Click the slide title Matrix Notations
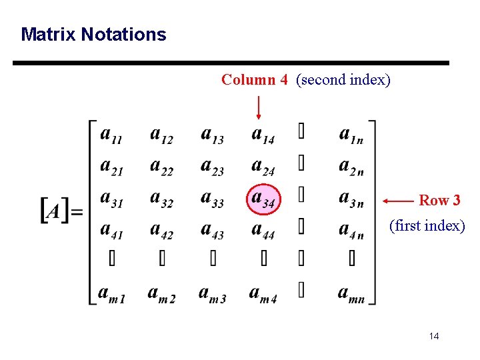click(93, 35)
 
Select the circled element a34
click(263, 199)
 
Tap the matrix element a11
click(111, 136)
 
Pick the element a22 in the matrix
click(161, 167)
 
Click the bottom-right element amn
click(351, 294)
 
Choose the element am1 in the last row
click(111, 294)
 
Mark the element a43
click(212, 231)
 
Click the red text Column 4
click(255, 80)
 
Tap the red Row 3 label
click(439, 200)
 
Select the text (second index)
click(343, 80)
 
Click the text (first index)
click(427, 226)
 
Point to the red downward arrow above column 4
click(259, 107)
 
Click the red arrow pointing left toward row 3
click(399, 200)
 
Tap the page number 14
click(434, 336)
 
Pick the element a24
click(263, 167)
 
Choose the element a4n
click(351, 231)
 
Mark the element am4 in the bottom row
click(263, 294)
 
